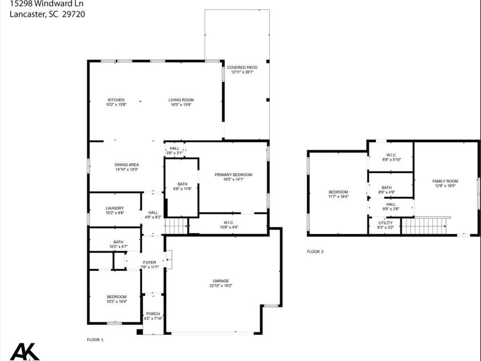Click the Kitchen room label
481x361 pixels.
(116, 100)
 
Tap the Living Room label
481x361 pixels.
(181, 100)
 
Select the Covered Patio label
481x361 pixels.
(242, 67)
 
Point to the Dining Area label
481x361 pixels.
(127, 165)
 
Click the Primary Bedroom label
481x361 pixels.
(233, 174)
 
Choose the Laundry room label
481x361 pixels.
(115, 208)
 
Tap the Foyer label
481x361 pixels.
(149, 262)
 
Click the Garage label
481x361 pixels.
(221, 280)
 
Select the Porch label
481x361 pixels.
(153, 314)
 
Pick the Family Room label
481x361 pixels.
(445, 181)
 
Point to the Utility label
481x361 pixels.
(386, 223)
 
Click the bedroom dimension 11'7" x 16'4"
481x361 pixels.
(338, 196)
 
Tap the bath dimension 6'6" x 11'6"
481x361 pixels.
(182, 188)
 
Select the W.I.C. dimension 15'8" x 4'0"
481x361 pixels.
(228, 227)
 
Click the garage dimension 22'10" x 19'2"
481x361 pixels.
(221, 286)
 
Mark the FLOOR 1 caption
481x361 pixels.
(95, 340)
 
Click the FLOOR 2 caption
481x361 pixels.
(315, 251)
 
